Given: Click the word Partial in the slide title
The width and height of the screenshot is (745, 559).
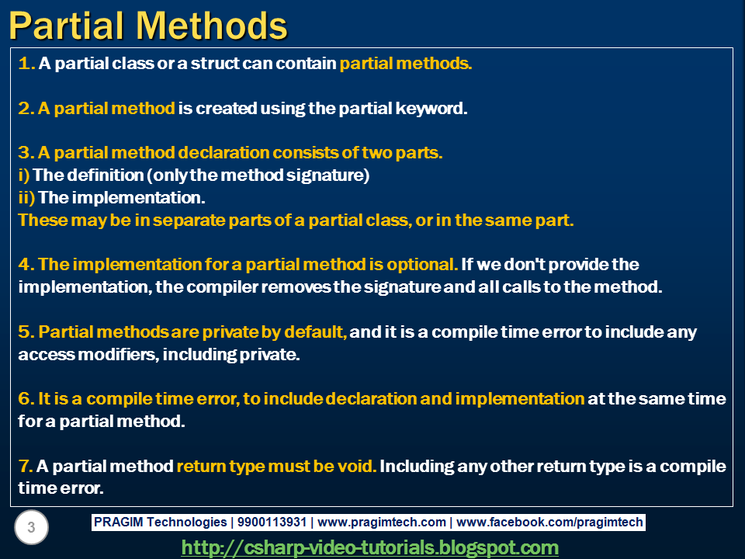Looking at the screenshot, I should tap(71, 26).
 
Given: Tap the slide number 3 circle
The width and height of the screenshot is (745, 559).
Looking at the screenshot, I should tap(31, 529).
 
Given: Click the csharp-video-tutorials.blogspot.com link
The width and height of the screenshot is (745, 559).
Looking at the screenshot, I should tap(369, 547).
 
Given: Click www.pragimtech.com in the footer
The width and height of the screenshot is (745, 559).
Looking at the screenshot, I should tap(382, 523).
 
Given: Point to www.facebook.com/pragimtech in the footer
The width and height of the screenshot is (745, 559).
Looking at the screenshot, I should tap(550, 523).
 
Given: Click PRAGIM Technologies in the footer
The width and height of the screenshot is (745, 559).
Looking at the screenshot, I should tap(161, 523).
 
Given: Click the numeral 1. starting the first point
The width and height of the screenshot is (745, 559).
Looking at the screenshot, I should tap(25, 64).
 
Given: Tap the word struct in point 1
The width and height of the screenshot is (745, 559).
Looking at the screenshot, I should tap(216, 64).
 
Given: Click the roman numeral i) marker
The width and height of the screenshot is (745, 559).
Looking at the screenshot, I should tap(23, 175).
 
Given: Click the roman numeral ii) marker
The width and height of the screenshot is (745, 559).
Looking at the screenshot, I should tap(26, 198).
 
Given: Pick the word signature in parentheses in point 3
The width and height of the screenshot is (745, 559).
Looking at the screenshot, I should tap(327, 175).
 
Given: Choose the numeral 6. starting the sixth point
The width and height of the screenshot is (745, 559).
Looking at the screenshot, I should tap(25, 399).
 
